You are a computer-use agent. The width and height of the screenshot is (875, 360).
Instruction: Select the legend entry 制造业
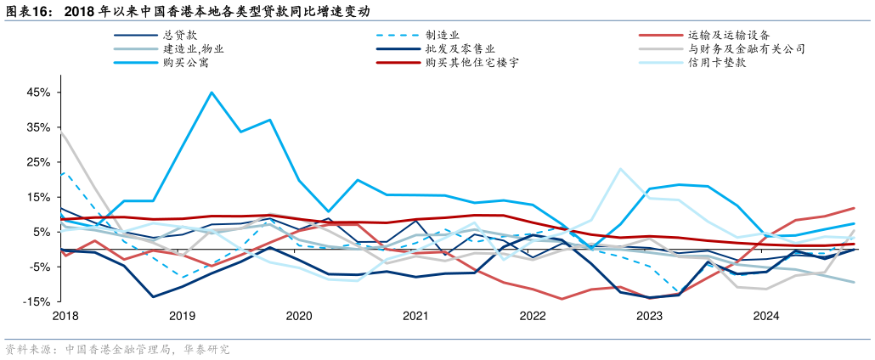click(443, 36)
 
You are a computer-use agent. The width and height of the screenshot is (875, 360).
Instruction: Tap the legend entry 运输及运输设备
click(729, 36)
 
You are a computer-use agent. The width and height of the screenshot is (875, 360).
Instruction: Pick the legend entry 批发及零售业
click(460, 49)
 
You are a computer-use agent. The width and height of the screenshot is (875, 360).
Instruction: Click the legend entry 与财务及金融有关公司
click(747, 49)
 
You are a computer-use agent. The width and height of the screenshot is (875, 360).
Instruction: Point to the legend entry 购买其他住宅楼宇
click(472, 63)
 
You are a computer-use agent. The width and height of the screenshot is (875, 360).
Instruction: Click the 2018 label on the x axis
click(65, 316)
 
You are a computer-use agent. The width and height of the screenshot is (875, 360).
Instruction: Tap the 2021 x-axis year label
click(415, 316)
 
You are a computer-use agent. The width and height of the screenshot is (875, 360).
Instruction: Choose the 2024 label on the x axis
click(766, 316)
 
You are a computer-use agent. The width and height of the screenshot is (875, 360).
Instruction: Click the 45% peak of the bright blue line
click(212, 93)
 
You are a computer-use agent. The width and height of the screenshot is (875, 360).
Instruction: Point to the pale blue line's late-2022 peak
click(620, 169)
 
